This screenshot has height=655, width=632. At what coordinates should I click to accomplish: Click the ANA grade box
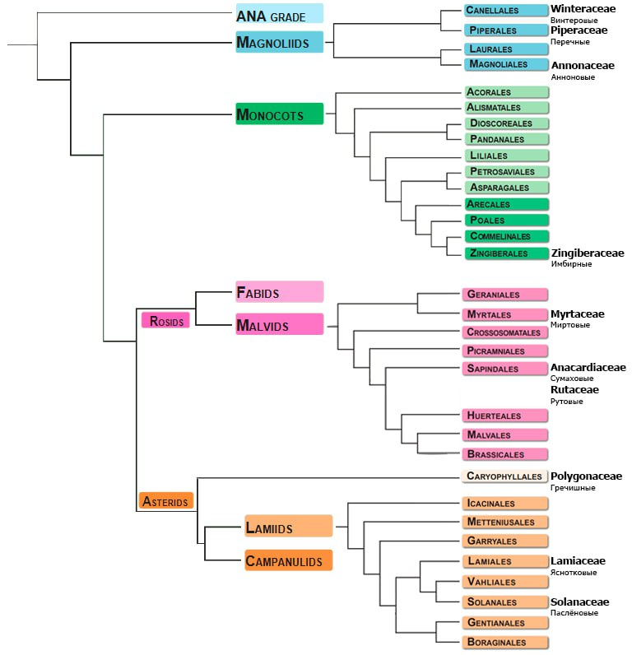279,14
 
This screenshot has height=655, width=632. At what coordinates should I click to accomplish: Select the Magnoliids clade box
279,43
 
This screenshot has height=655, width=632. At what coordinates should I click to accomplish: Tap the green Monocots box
279,114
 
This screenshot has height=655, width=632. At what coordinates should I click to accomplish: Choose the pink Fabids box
279,292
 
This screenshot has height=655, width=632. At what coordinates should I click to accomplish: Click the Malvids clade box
279,325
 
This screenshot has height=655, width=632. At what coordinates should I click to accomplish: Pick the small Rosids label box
165,320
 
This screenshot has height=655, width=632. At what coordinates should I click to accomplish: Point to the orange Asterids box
165,500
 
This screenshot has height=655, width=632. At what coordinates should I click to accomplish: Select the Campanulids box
288,560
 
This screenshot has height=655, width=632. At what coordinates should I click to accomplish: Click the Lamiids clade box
288,526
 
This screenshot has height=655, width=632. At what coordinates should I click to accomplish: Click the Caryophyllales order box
504,476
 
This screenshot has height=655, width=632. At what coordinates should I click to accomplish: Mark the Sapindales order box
504,369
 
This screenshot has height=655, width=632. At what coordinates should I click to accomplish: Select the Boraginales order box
504,642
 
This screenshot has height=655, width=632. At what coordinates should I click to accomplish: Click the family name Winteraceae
583,8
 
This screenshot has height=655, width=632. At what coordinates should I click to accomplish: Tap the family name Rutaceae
574,389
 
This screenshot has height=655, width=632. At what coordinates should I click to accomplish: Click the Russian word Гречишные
573,488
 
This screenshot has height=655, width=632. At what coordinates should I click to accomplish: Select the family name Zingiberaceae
587,253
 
